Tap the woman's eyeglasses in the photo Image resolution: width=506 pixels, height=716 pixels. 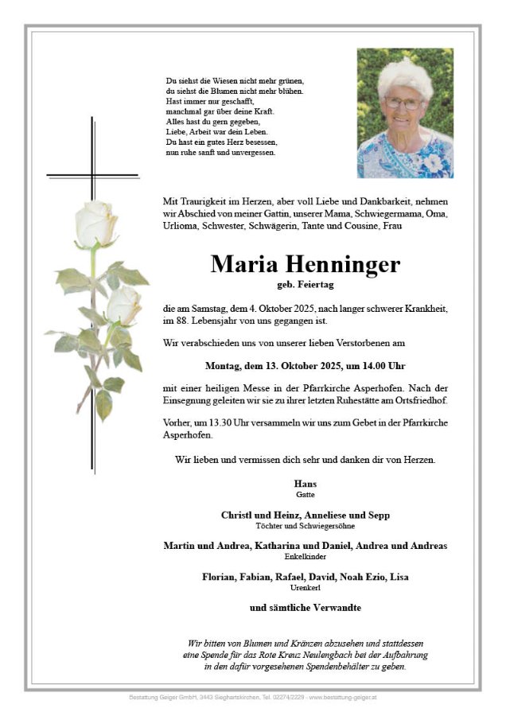pyautogui.click(x=403, y=103)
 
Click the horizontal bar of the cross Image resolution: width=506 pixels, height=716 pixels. pyautogui.click(x=92, y=174)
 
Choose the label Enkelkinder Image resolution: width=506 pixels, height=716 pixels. pyautogui.click(x=306, y=557)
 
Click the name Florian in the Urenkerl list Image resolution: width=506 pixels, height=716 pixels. pyautogui.click(x=220, y=576)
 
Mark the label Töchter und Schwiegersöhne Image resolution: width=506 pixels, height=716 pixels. pyautogui.click(x=306, y=527)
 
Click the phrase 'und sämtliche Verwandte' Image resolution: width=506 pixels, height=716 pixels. pyautogui.click(x=306, y=607)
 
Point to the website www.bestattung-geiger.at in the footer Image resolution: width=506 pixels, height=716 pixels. pyautogui.click(x=344, y=698)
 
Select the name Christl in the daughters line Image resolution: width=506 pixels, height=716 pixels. pyautogui.click(x=236, y=516)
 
